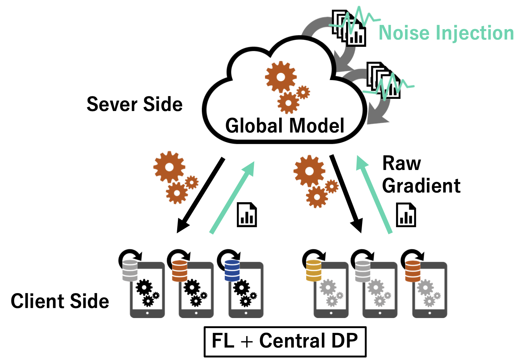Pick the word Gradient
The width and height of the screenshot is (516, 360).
pos(421,186)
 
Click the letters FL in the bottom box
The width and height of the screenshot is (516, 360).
pos(223,341)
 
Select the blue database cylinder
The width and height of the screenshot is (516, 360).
pos(232,271)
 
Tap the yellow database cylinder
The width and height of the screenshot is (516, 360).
pos(313,271)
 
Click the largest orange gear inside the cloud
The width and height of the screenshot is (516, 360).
pos(281,77)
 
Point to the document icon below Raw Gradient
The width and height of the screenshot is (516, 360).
pos(406,215)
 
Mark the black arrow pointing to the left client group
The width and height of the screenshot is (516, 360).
pos(200,196)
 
